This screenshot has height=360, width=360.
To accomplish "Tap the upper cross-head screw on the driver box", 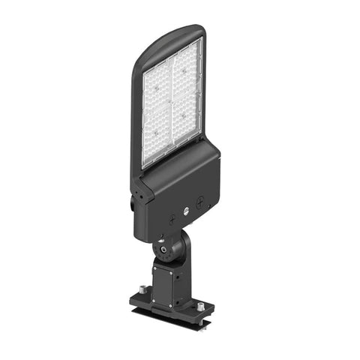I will pos(200,201).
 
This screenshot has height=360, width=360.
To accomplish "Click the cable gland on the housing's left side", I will pos(135,202).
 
